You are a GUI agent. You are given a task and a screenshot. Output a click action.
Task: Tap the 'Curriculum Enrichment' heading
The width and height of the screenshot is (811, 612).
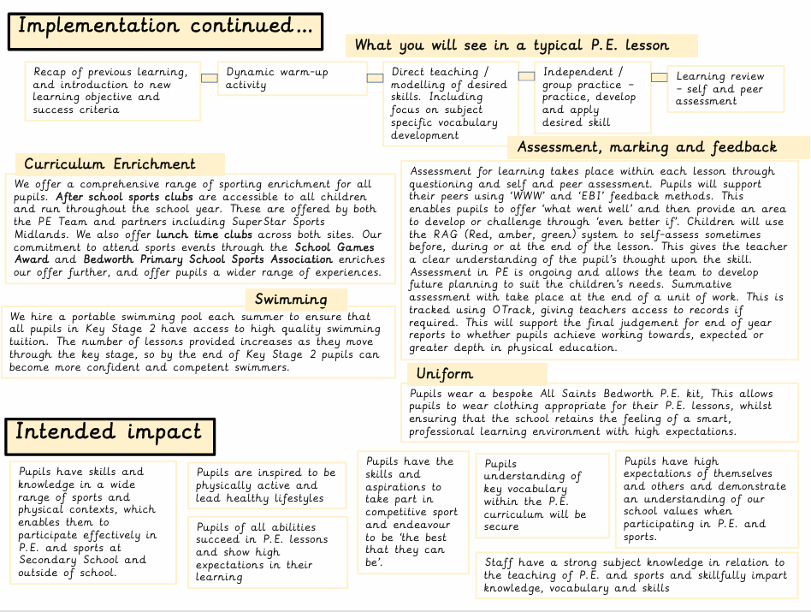click(x=110, y=163)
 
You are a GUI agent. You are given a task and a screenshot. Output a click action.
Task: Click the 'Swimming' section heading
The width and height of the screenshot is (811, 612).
click(x=291, y=300)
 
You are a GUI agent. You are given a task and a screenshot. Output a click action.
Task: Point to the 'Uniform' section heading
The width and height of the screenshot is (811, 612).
click(x=445, y=374)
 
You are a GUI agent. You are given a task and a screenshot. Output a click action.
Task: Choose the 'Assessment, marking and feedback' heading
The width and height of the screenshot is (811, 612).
click(x=647, y=147)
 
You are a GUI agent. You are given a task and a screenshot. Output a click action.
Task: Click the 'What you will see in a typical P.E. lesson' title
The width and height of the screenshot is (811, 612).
click(x=512, y=45)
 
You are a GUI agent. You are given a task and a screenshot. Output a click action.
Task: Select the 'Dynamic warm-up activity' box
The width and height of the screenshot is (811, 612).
click(x=289, y=79)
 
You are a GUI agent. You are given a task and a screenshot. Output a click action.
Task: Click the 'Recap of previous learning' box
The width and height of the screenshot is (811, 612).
click(x=113, y=91)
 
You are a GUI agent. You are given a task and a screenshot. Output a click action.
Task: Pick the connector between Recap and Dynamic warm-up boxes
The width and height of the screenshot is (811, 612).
click(x=209, y=79)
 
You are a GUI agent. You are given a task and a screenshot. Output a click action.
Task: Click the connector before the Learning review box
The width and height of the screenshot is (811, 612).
click(x=659, y=78)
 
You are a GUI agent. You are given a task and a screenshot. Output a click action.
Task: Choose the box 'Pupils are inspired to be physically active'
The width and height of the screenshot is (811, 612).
click(x=266, y=484)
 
